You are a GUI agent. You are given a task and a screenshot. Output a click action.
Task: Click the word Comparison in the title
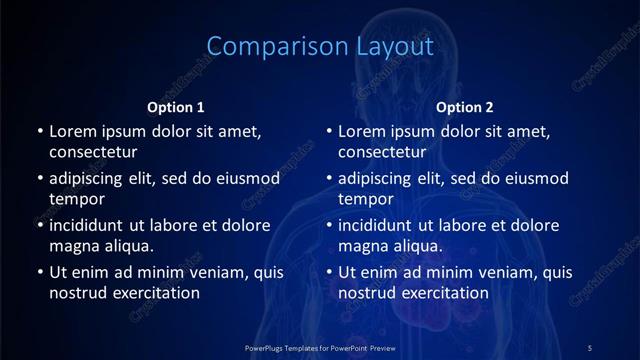tap(265, 46)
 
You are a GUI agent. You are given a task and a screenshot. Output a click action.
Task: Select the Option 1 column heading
tap(176, 107)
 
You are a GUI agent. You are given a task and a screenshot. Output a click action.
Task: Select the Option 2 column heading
tap(465, 107)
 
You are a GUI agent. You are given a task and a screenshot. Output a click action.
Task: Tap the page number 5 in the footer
tap(590, 346)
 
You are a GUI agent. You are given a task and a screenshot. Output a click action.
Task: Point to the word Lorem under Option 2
tap(361, 131)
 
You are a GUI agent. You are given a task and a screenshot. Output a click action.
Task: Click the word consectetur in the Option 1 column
tap(93, 153)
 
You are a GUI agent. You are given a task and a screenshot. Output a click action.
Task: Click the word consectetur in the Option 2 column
tap(383, 153)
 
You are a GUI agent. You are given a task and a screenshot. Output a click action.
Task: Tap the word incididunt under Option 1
tap(92, 225)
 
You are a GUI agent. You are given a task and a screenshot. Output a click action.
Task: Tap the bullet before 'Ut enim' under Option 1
tap(38, 272)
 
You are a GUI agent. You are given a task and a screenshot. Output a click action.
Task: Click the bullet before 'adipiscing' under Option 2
tap(328, 179)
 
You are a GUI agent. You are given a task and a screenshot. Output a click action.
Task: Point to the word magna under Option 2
tap(361, 245)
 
